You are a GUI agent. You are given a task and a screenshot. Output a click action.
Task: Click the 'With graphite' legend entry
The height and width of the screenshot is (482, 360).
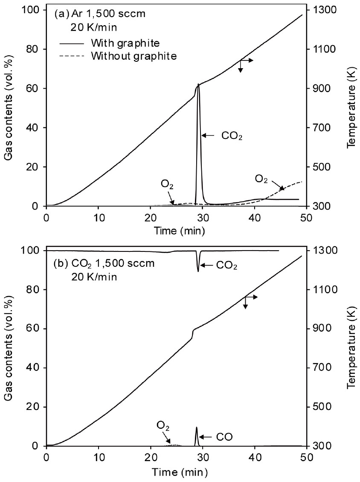pyautogui.click(x=125, y=43)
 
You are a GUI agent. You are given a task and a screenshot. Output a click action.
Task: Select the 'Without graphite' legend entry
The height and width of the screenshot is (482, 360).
pyautogui.click(x=134, y=55)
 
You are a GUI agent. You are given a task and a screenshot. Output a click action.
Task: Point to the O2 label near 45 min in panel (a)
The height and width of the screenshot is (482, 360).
pyautogui.click(x=261, y=178)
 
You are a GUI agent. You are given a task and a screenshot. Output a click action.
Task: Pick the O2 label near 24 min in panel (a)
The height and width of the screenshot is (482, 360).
pyautogui.click(x=167, y=185)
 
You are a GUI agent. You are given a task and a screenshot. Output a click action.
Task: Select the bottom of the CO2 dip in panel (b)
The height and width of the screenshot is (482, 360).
pyautogui.click(x=198, y=271)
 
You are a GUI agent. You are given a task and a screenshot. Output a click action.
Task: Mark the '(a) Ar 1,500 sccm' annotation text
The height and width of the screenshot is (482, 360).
pyautogui.click(x=100, y=13)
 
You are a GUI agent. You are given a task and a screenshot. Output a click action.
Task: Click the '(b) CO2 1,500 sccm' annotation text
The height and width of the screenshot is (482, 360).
pyautogui.click(x=104, y=263)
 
